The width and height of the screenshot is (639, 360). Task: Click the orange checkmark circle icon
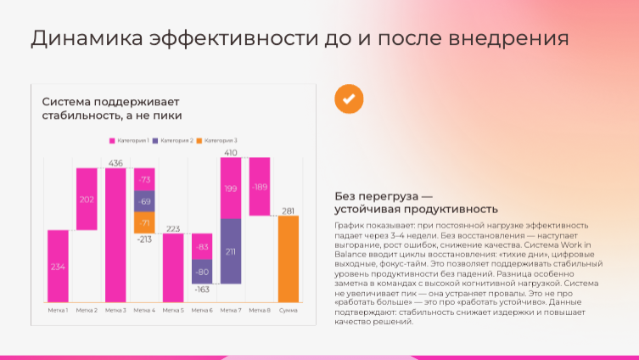[x=348, y=98]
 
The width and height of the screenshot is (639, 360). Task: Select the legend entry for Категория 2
[x=174, y=140]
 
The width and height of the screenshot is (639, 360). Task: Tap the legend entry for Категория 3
[x=218, y=140]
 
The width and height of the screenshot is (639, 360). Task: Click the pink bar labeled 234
[x=59, y=266]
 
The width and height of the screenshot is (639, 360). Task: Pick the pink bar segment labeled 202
[x=87, y=199]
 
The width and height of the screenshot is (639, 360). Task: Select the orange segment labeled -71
[x=144, y=222]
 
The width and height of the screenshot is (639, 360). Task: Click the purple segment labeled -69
[x=144, y=201]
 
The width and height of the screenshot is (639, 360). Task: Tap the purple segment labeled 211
[x=231, y=251]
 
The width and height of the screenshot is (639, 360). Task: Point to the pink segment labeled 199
[x=231, y=188]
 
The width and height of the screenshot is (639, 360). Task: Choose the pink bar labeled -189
[x=260, y=187]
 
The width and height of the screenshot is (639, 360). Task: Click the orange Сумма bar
[x=289, y=259]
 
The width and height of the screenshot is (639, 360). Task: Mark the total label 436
[x=116, y=163]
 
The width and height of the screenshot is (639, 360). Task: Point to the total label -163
[x=202, y=290]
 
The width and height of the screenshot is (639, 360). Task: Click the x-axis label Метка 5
[x=173, y=310]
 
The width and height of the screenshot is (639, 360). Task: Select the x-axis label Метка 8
[x=260, y=310]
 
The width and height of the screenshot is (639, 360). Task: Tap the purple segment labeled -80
[x=202, y=273]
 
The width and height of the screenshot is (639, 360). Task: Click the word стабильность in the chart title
[x=78, y=115]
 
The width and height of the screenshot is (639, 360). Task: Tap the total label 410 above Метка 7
[x=231, y=153]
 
